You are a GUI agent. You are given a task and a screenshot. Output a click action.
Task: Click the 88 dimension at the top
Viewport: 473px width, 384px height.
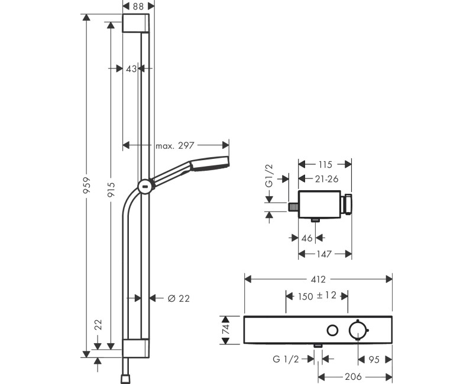coord(138,6)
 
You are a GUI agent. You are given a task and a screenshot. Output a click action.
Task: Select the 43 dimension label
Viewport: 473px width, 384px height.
coord(131,69)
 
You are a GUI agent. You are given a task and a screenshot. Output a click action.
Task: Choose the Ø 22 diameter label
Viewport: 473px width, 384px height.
coord(178,298)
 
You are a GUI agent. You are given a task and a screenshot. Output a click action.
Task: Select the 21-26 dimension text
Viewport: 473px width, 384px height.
coord(325,178)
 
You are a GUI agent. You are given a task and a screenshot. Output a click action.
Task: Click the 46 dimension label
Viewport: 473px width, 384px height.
coord(306,237)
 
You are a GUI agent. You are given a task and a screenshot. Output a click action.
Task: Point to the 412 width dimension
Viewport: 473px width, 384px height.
coord(318,278)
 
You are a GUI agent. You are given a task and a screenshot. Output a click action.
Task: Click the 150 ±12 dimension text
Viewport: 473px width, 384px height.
coord(317,295)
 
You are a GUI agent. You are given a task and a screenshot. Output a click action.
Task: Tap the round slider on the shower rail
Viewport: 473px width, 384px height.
coord(144,187)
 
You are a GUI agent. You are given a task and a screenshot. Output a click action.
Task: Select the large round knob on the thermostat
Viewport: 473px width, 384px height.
coord(358,330)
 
